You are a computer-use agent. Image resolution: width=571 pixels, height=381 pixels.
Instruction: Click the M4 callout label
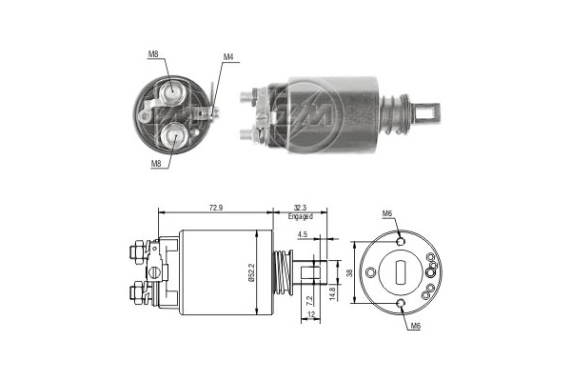(x=228, y=57)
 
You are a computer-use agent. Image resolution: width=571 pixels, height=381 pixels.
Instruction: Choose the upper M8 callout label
(x=154, y=54)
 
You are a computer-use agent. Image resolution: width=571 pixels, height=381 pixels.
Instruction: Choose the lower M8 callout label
(x=154, y=163)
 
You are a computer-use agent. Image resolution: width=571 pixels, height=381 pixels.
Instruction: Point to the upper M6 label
(x=388, y=213)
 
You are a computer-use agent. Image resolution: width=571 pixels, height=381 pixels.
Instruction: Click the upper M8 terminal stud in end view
(x=174, y=91)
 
